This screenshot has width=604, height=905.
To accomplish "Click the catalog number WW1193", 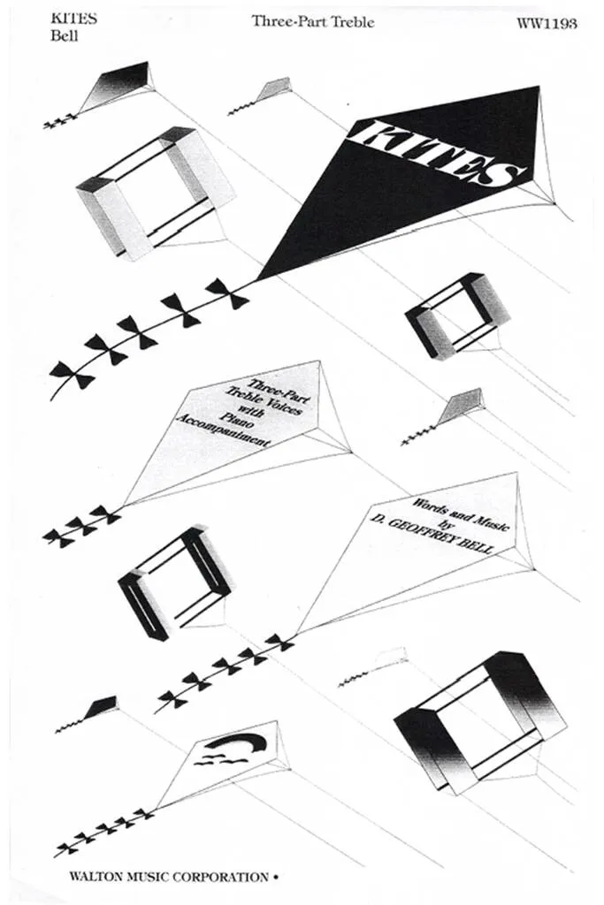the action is pyautogui.click(x=547, y=23).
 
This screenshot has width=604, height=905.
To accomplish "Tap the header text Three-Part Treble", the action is pyautogui.click(x=312, y=22).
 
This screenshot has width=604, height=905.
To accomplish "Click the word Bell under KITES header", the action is pyautogui.click(x=64, y=35).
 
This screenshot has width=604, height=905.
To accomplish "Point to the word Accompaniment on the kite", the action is pyautogui.click(x=222, y=430).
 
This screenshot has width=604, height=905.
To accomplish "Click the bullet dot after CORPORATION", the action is pyautogui.click(x=275, y=878).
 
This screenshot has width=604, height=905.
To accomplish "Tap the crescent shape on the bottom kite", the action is pyautogui.click(x=236, y=742).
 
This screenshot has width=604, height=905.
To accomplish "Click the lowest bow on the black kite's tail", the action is pyautogui.click(x=71, y=376).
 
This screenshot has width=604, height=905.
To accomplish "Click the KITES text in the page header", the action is pyautogui.click(x=74, y=19).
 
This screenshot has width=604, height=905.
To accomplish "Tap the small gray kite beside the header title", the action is pyautogui.click(x=274, y=90).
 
